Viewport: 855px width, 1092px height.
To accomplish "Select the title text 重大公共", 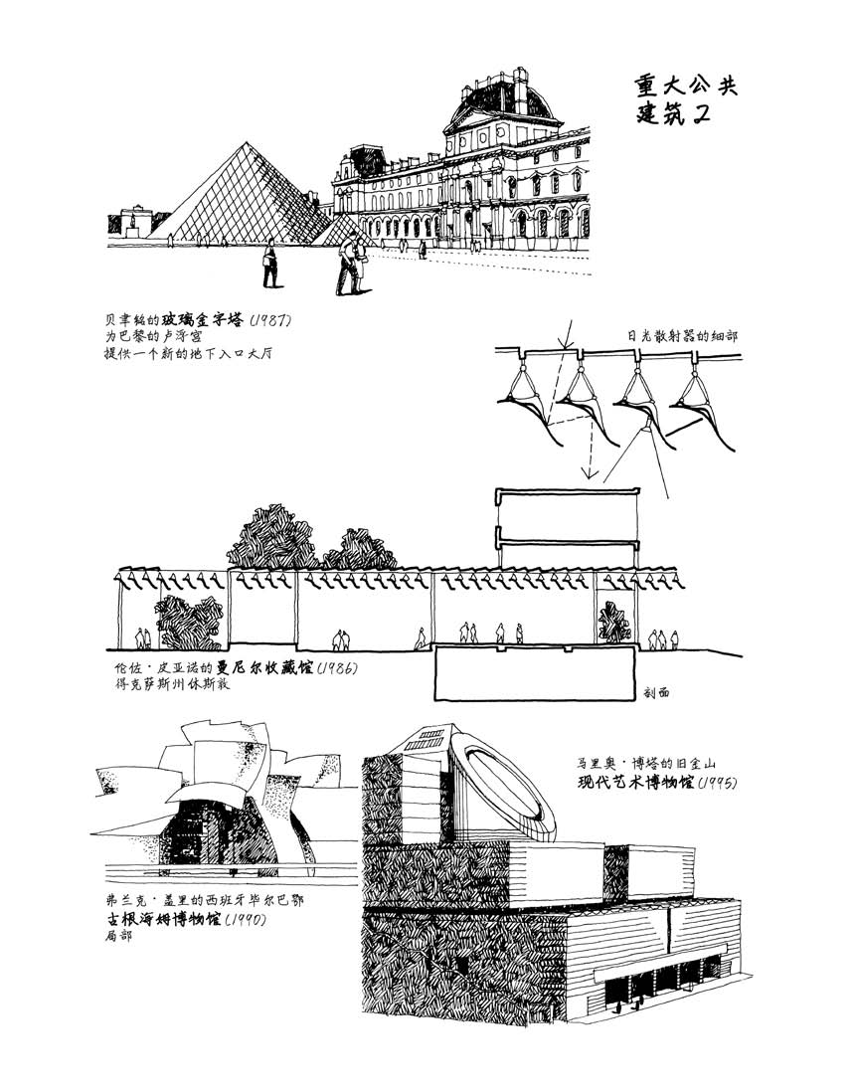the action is (687, 85).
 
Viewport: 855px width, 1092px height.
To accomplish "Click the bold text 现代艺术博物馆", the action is (634, 783).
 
